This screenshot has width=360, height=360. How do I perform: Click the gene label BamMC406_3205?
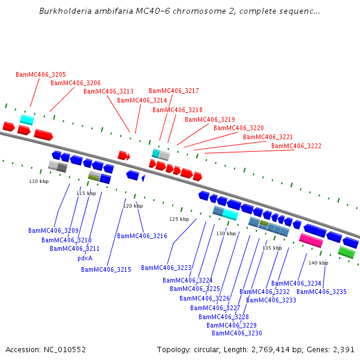41,74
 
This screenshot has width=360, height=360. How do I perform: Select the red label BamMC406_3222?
296,146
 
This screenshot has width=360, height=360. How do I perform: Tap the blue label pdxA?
85,258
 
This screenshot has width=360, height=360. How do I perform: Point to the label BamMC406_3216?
142,236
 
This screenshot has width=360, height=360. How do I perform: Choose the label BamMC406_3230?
237,333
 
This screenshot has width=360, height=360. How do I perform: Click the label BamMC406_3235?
322,292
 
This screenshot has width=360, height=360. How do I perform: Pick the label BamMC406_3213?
109,91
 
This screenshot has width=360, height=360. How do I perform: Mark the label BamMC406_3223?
166,268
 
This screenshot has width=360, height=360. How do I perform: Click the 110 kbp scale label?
38,181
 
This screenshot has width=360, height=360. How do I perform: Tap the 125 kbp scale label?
179,219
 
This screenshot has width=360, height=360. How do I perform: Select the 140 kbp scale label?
318,263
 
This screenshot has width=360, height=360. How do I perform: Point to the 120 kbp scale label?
133,206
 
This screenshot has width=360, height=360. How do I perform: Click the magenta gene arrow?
311,240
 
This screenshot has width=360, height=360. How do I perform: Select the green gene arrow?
346,252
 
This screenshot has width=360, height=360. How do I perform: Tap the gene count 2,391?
343,349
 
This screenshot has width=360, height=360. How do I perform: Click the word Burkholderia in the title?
65,11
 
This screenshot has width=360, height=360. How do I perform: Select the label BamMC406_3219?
210,119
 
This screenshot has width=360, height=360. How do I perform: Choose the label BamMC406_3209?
53,230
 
